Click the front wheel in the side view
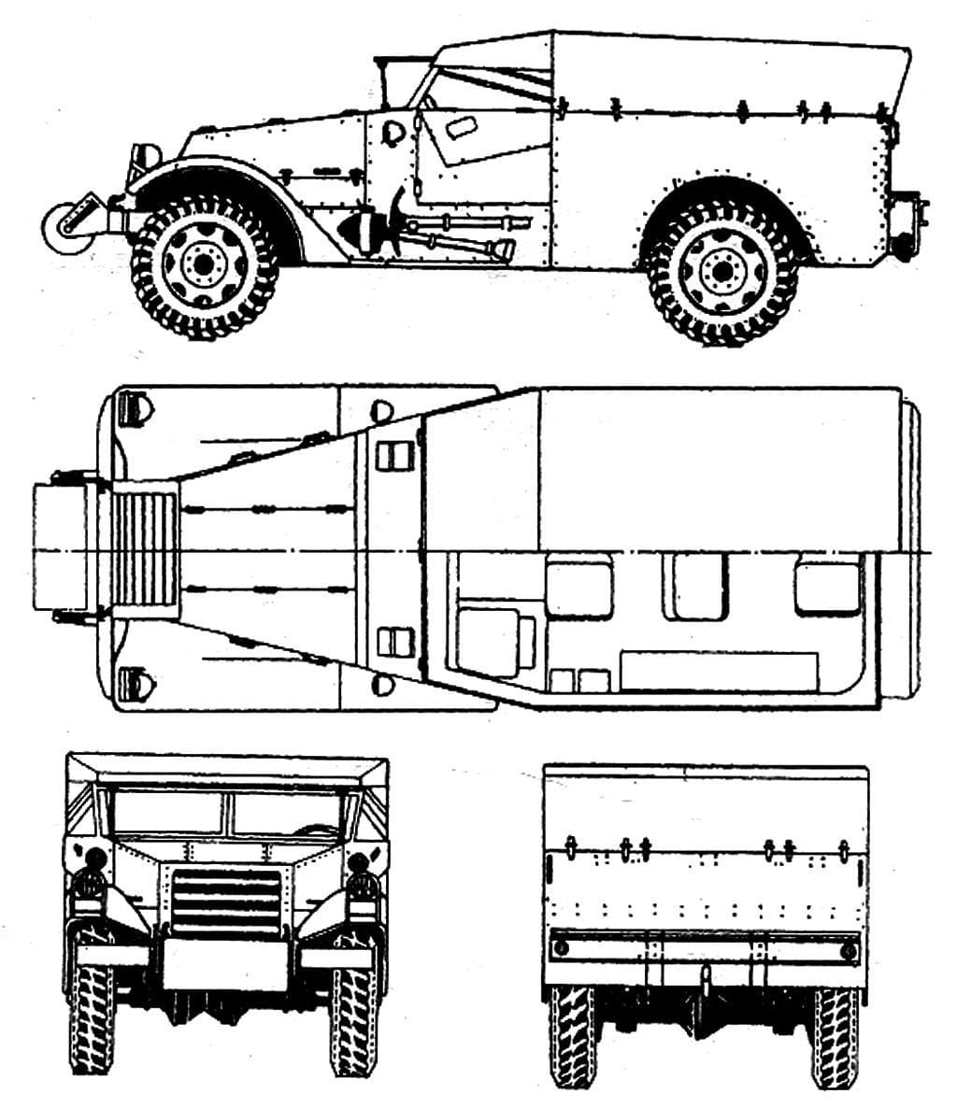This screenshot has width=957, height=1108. tap(203, 265)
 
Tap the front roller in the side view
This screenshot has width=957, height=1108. tap(67, 224)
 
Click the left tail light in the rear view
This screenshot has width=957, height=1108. tap(561, 949)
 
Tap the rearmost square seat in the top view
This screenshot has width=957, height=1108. tap(826, 587)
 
